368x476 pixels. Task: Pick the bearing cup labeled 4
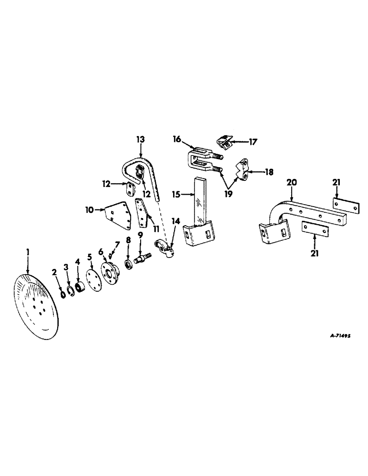pos(80,288)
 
